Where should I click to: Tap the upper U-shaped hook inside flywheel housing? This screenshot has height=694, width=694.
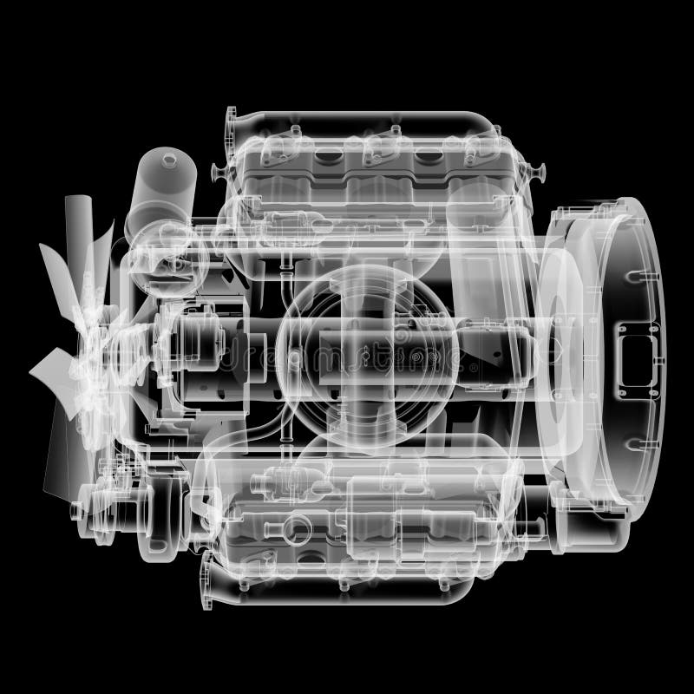click(638, 278)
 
